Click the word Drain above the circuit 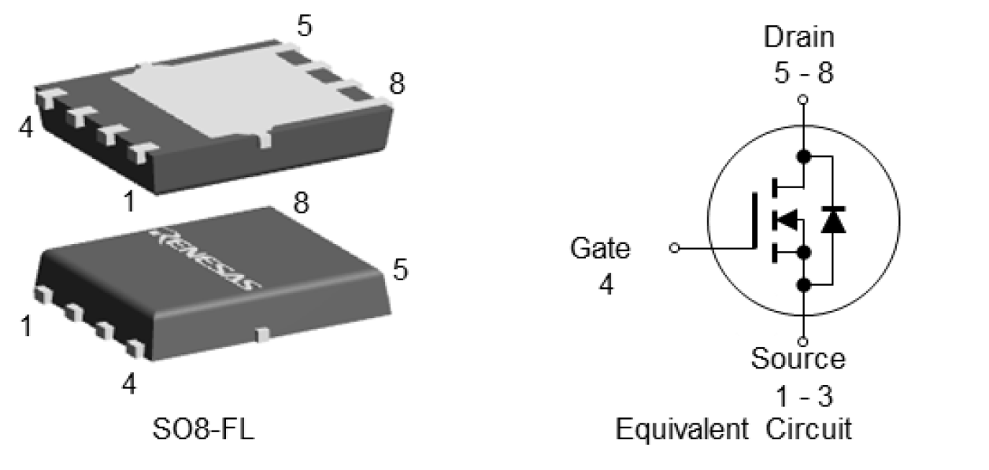[x=800, y=37]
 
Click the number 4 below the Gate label [x=605, y=284]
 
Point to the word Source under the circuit [x=798, y=359]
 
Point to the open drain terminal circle [x=802, y=100]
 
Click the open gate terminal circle [x=674, y=248]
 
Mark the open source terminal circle [x=802, y=342]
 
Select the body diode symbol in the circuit [x=832, y=220]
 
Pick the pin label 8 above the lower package [x=301, y=203]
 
